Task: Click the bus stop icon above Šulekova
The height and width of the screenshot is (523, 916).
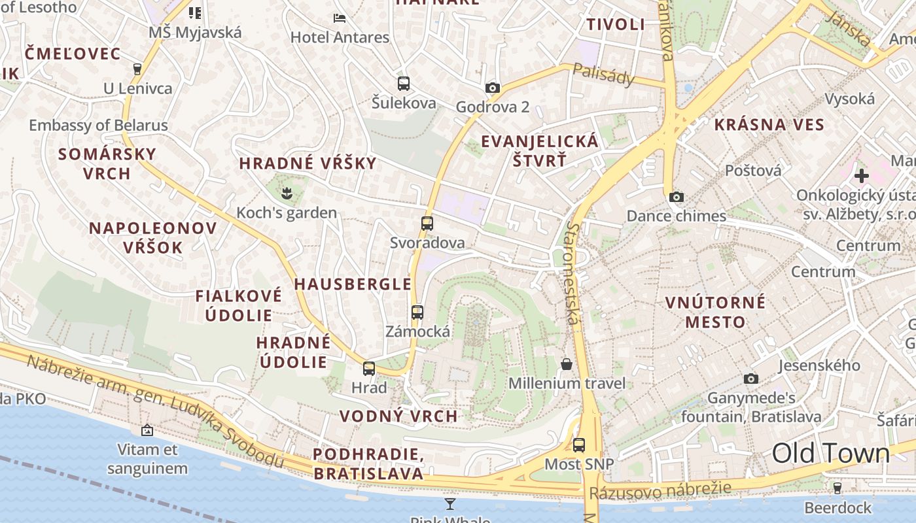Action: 404,84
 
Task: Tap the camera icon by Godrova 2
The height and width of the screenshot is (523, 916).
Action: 493,88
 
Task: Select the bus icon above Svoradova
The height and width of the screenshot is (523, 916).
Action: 427,224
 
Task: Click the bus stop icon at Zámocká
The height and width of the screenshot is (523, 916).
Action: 417,312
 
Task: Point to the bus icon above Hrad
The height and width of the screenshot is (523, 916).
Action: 369,369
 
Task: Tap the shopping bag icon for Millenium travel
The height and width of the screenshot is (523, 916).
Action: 567,364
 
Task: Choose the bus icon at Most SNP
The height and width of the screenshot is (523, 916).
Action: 579,445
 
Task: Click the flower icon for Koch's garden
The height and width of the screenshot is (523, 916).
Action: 286,193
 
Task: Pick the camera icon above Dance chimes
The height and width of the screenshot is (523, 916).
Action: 677,197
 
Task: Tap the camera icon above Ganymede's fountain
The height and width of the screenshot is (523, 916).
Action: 751,379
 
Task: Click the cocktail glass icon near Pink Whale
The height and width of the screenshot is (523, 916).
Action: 450,503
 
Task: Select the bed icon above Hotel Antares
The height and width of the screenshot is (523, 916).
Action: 340,18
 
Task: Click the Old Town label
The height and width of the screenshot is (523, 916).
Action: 830,452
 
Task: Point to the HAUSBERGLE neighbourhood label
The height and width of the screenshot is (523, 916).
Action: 353,284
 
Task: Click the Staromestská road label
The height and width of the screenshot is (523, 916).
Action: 573,273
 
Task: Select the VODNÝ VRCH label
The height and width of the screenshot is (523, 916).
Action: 398,416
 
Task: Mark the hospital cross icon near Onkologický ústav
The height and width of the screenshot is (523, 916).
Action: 862,175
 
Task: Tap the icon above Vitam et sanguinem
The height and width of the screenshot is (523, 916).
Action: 147,430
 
